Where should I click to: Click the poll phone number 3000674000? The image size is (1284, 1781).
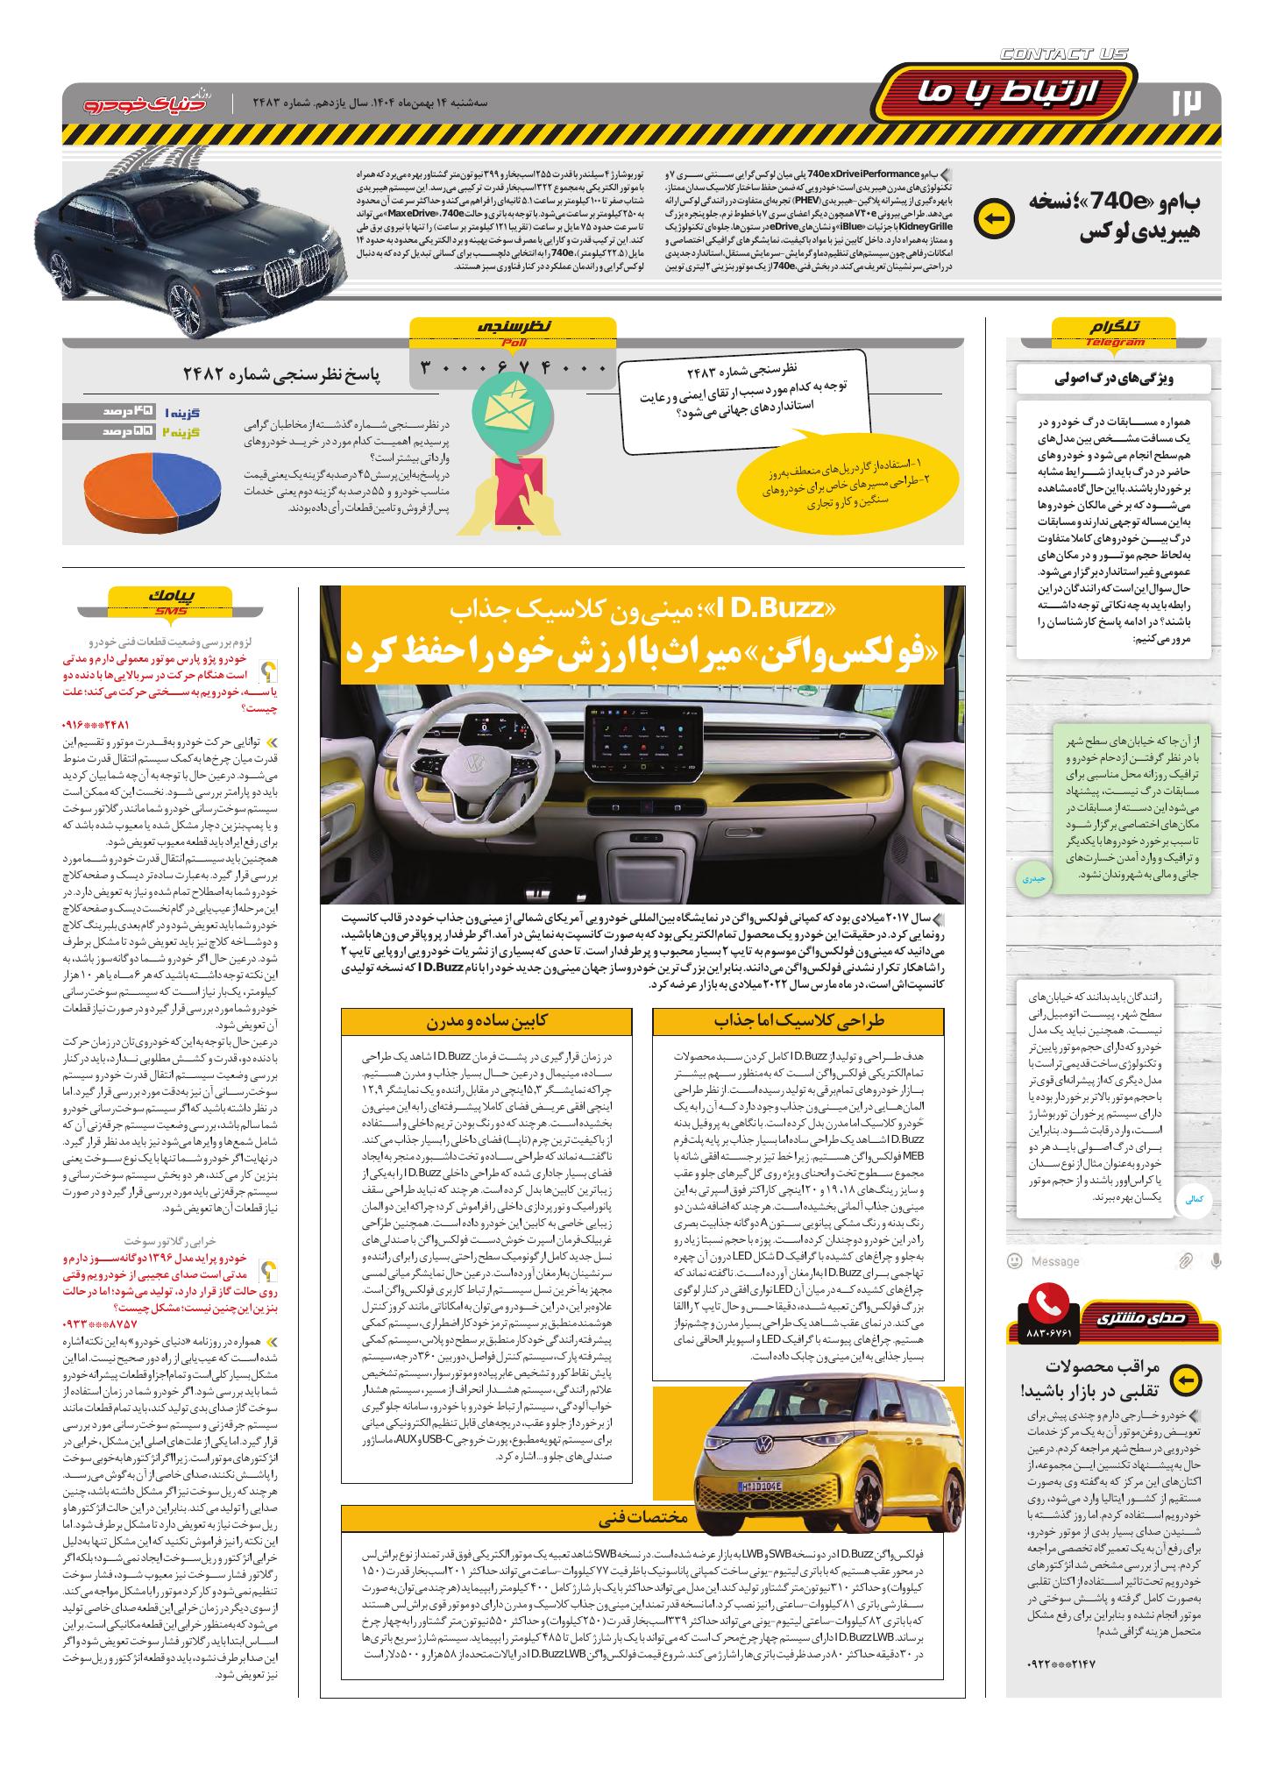click(514, 367)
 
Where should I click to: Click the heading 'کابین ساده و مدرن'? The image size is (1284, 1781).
click(486, 1021)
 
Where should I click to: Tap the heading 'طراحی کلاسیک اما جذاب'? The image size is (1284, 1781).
click(798, 1021)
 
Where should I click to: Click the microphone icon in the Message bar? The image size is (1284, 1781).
click(1215, 1260)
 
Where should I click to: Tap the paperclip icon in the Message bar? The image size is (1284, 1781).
click(1184, 1260)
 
